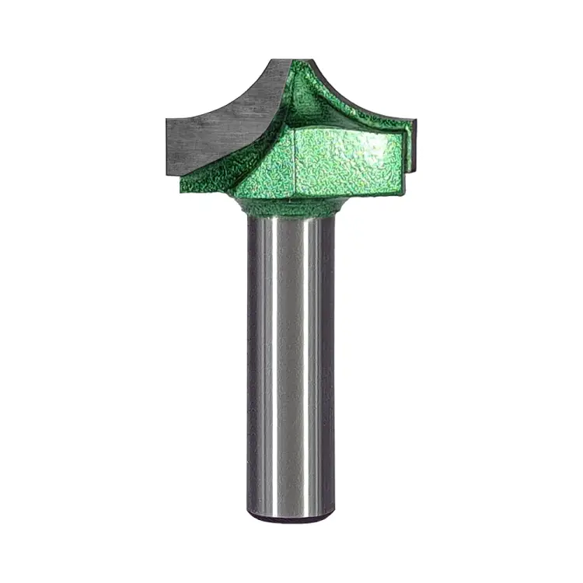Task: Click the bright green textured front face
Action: click(x=342, y=159)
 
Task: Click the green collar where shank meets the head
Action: click(x=291, y=206)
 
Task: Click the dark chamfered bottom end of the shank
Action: click(x=291, y=515)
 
